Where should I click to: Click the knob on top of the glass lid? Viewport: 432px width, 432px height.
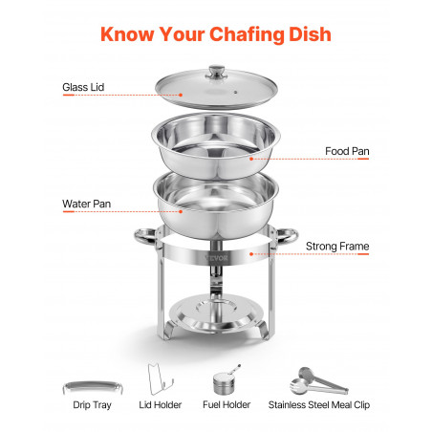coord(217,73)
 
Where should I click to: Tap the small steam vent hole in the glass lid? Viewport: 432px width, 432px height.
coord(235,93)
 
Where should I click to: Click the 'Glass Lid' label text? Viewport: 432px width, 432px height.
coord(83,87)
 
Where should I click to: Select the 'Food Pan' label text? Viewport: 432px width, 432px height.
coord(347,151)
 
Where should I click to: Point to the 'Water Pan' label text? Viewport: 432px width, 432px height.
coord(87,204)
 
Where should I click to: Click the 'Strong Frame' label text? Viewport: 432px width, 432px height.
coord(337,247)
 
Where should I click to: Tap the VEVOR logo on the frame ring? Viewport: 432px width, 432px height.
coord(217,258)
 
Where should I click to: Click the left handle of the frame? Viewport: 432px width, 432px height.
coord(145,236)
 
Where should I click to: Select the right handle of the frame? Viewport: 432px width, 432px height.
coord(287,236)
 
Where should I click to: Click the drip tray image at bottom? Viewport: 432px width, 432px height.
coord(93,386)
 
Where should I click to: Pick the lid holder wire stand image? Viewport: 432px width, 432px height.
coord(160,378)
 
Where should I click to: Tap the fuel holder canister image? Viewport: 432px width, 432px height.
coord(225,381)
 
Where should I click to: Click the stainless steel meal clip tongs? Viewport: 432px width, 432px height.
coord(318,381)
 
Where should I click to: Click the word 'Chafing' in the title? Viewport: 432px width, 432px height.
coord(247,34)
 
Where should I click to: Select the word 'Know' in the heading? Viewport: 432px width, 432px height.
coord(127,34)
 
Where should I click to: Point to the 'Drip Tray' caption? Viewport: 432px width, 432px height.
coord(92,405)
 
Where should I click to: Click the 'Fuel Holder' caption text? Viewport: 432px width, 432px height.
coord(227,404)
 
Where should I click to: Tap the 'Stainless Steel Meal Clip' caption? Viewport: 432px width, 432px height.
coord(319,404)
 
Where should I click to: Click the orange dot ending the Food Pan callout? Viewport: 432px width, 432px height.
coord(251,159)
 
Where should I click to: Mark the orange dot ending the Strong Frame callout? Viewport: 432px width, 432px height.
coord(251,254)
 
